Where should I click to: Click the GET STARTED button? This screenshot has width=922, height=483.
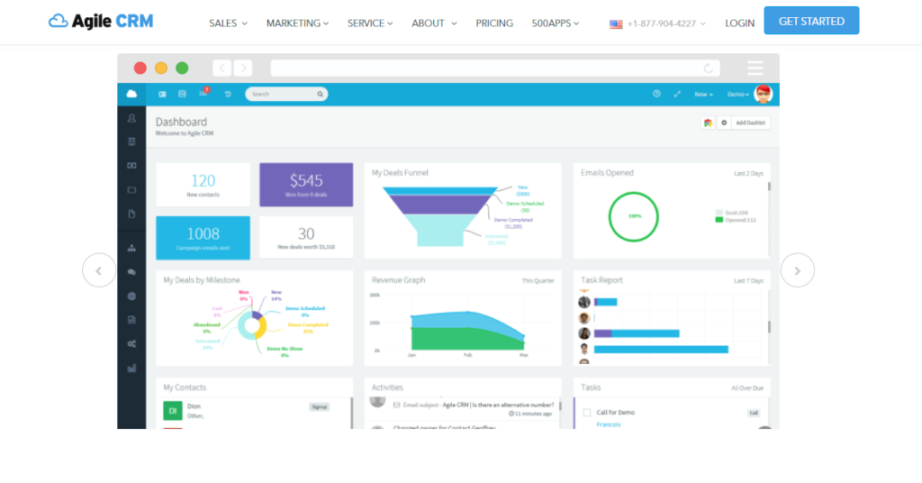(x=811, y=21)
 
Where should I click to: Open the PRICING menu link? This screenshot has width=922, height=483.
(x=494, y=23)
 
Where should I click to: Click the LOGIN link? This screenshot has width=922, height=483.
(x=740, y=23)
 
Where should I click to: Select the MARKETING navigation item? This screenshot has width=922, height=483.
(x=297, y=23)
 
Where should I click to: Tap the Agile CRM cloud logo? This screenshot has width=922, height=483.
(x=59, y=21)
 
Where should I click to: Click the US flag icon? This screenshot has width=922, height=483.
(x=616, y=24)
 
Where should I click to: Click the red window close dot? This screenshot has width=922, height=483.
(x=140, y=68)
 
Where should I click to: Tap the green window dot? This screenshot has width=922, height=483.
(x=182, y=68)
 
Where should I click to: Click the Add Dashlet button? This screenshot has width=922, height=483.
(x=751, y=123)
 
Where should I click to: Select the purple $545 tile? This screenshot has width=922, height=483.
(x=306, y=185)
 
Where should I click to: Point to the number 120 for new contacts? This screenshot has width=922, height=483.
(x=203, y=181)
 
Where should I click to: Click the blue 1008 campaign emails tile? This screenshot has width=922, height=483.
(x=203, y=238)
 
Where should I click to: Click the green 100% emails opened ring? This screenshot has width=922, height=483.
(x=635, y=216)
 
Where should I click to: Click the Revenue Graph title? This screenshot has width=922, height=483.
(x=398, y=280)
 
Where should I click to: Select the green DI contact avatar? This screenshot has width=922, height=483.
(x=172, y=411)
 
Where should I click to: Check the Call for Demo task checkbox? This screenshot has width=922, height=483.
(x=587, y=413)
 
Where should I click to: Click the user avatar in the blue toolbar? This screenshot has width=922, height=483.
(x=763, y=94)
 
